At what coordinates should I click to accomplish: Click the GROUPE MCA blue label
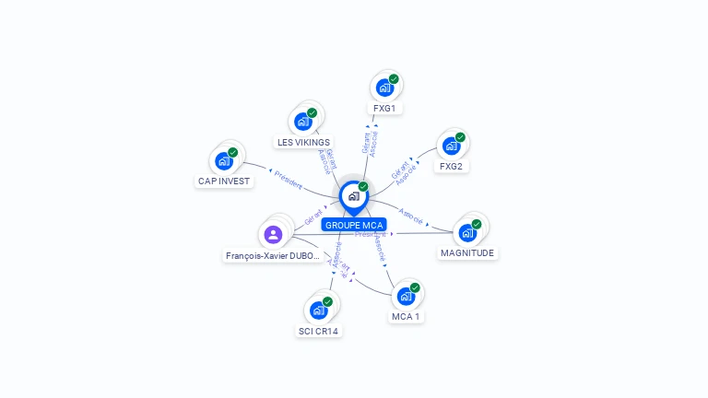pos(354,224)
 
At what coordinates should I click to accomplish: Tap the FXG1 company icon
pos(383,88)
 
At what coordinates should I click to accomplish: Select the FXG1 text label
pos(384,109)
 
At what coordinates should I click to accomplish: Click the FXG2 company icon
pos(451,146)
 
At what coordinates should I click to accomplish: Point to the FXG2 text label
pos(452,167)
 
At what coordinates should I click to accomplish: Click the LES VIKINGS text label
pos(304,143)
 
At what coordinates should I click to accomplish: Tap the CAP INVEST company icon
pos(223,161)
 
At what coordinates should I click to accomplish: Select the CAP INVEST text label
pos(224,181)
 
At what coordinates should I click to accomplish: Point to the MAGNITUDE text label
pos(467,252)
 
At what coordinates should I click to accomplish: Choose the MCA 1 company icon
pos(405,297)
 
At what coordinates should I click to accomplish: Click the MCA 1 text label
pos(406,317)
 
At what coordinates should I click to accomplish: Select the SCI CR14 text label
pos(319,331)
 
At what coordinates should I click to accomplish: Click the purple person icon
pos(272,235)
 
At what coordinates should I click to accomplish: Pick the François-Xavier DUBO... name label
pos(273,256)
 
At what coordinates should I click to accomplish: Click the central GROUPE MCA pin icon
pos(353,196)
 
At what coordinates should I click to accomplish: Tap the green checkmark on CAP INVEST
pos(232,152)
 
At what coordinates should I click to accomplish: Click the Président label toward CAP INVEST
pos(289,179)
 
